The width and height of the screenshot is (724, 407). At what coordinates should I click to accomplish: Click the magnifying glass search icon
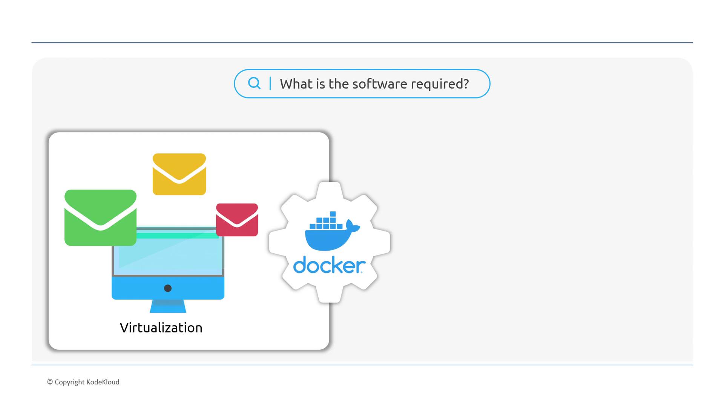tap(254, 83)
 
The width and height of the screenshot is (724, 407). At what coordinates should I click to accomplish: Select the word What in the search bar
tap(296, 84)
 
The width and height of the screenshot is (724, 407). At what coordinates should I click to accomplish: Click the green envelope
tap(100, 217)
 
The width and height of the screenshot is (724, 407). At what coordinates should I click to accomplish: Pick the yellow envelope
tap(179, 174)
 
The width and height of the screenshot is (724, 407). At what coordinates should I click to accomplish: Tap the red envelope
tap(237, 220)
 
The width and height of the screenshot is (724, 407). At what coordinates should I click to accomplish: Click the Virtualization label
tap(161, 328)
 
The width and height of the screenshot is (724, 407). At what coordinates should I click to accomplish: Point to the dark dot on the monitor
tap(168, 288)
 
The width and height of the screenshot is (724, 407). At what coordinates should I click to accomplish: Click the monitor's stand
tap(168, 306)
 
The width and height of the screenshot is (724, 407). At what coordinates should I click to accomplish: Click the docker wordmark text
tap(329, 265)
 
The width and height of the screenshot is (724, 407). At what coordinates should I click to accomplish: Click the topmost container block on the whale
tap(333, 214)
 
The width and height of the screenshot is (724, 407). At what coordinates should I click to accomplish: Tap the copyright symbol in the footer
tap(50, 382)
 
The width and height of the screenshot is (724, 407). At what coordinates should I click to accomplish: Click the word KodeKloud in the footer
tap(103, 382)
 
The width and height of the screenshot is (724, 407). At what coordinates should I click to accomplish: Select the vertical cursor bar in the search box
tap(270, 83)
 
